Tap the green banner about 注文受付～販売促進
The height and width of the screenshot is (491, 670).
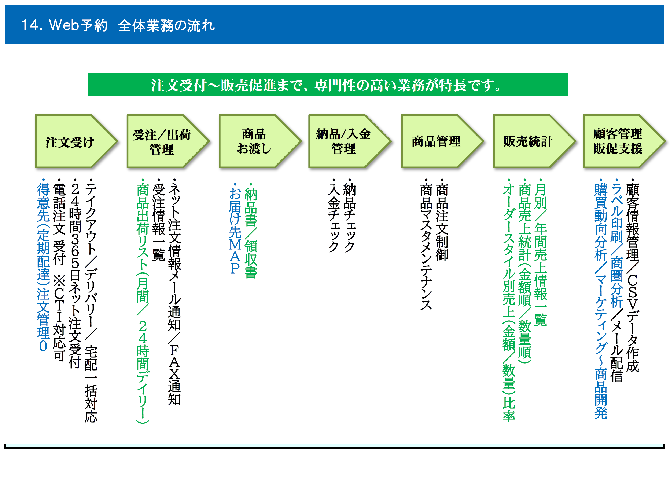click(x=328, y=85)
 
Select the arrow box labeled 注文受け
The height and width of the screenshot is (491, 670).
click(x=76, y=141)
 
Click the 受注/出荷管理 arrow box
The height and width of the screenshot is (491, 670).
click(x=168, y=141)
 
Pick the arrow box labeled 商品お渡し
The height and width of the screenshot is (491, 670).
click(x=260, y=141)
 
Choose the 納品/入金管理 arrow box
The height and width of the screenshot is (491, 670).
click(x=350, y=141)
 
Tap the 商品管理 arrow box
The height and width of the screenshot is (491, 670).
click(x=442, y=141)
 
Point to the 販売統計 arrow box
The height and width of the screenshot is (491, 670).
click(x=534, y=141)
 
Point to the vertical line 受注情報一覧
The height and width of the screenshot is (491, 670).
click(x=159, y=220)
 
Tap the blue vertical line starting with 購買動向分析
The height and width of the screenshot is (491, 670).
click(x=601, y=299)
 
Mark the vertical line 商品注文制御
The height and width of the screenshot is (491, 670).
click(x=442, y=220)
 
